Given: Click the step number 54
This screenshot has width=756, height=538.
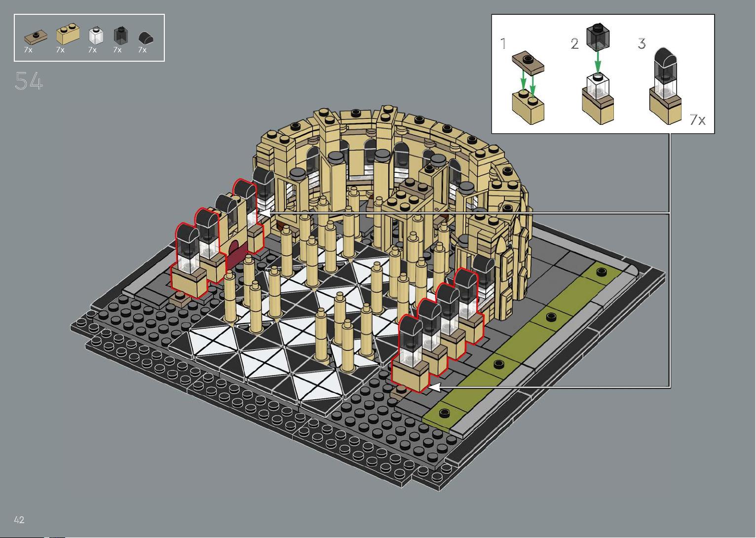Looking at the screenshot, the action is coord(29,81).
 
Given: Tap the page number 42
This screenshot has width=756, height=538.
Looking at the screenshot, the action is coord(19,520).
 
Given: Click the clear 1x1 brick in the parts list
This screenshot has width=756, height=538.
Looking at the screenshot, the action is coord(96,36).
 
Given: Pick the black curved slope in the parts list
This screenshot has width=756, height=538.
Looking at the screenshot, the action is coord(146,38).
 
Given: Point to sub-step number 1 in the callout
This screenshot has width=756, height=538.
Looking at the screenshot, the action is coord(503,43).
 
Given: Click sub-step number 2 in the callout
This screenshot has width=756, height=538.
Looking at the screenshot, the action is coord(575,44).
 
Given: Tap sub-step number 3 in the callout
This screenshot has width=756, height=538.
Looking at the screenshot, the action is coord(642,43).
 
